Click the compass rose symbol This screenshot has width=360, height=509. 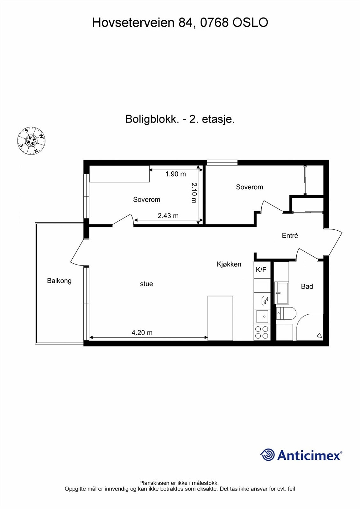(31, 141)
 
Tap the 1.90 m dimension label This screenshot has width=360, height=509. (175, 174)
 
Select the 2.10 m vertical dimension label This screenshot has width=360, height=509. (194, 193)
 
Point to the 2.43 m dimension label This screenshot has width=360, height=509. (168, 216)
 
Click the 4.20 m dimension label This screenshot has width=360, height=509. (142, 333)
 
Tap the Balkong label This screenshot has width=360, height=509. (59, 281)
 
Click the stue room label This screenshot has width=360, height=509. (146, 284)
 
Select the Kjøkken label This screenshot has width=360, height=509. (229, 264)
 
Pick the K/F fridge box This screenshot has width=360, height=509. (261, 270)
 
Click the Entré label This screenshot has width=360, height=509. (290, 236)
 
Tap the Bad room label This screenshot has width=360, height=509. (307, 287)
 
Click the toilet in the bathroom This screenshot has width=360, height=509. (286, 314)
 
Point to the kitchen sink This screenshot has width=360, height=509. (263, 317)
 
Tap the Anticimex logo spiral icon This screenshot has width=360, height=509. (267, 455)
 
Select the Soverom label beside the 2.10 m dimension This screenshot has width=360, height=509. (146, 200)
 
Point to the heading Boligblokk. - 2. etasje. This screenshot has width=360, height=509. (180, 119)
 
